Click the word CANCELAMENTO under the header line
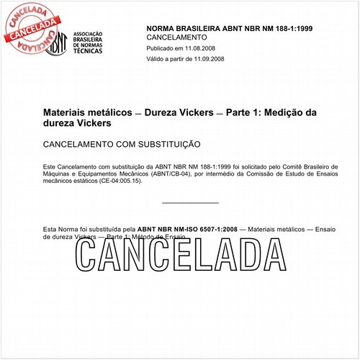pyautogui.click(x=176, y=37)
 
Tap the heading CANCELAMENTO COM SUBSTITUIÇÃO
pyautogui.click(x=122, y=144)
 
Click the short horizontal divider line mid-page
pyautogui.click(x=190, y=203)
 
